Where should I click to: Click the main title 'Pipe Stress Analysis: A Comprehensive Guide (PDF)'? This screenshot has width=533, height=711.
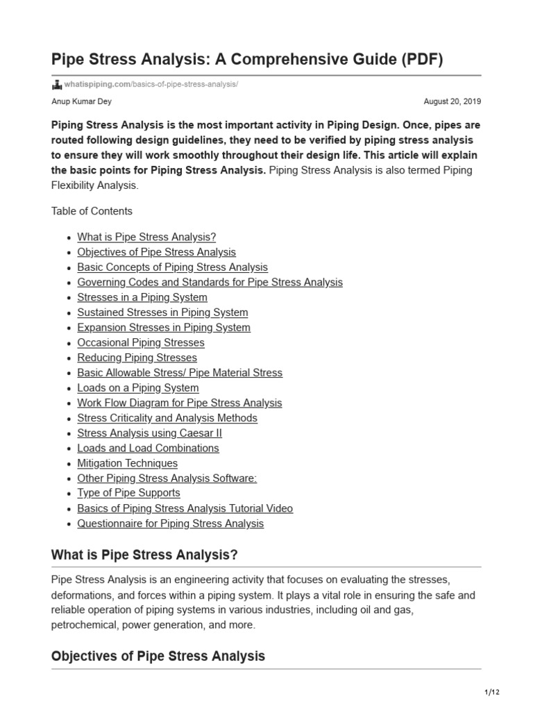(247, 59)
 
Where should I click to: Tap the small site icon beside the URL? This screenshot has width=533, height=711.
(57, 85)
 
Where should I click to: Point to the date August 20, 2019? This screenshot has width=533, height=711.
(452, 101)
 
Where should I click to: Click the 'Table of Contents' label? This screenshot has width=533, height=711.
(92, 210)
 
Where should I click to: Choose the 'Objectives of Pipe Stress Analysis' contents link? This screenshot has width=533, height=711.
(156, 252)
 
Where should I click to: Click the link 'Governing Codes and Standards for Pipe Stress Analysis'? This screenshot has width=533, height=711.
(210, 282)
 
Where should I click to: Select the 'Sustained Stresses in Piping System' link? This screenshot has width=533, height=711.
(162, 312)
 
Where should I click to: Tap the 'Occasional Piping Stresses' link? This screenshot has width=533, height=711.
(141, 342)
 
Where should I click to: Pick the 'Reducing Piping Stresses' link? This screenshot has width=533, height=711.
(137, 358)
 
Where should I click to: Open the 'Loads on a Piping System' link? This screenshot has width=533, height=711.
(138, 387)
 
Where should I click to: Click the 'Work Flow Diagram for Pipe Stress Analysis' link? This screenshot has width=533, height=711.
(180, 403)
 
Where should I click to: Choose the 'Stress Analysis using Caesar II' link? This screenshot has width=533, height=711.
(149, 433)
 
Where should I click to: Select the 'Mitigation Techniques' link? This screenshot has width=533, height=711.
(127, 463)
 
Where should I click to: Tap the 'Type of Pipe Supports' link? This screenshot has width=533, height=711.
(128, 492)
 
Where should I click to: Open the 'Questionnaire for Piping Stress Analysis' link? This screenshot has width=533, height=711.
(170, 523)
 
